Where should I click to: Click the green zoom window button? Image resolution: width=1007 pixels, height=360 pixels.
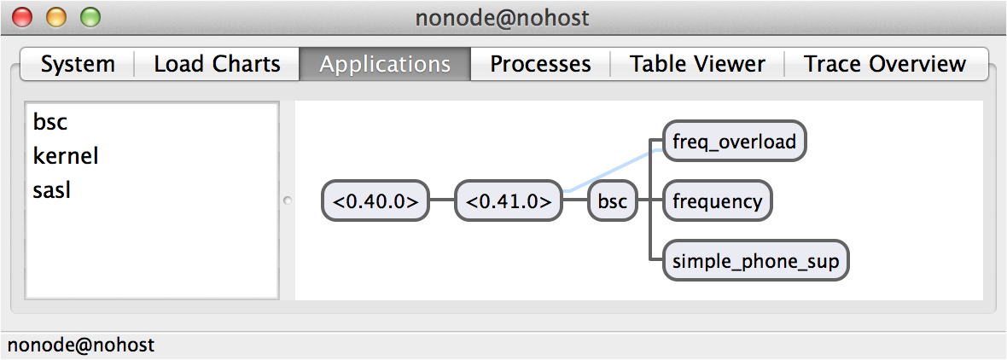tap(90, 16)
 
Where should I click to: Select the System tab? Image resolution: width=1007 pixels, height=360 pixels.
tap(78, 64)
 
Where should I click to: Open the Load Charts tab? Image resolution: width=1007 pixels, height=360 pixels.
tap(217, 64)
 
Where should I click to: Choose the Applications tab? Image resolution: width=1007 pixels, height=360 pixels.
tap(385, 64)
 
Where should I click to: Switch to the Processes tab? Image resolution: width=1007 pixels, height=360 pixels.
tap(540, 64)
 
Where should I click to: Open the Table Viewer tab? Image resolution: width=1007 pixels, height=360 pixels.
tap(697, 64)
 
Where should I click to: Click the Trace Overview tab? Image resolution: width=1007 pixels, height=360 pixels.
tap(885, 64)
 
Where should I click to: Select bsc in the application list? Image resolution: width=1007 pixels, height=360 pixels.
tap(50, 123)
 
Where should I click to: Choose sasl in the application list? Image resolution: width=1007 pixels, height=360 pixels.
tap(51, 190)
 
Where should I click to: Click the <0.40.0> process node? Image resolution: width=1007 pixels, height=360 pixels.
tap(375, 202)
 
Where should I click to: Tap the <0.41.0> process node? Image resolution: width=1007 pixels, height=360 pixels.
tap(509, 202)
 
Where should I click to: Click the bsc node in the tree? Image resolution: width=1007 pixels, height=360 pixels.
tap(613, 202)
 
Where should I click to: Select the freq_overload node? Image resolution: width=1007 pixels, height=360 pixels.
tap(734, 142)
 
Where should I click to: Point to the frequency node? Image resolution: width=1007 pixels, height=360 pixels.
tap(717, 202)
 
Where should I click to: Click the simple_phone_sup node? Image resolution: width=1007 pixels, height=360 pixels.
tap(756, 261)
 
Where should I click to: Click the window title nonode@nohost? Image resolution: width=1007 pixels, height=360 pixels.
tap(503, 17)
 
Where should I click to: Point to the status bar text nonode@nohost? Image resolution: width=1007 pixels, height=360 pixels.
tap(81, 345)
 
